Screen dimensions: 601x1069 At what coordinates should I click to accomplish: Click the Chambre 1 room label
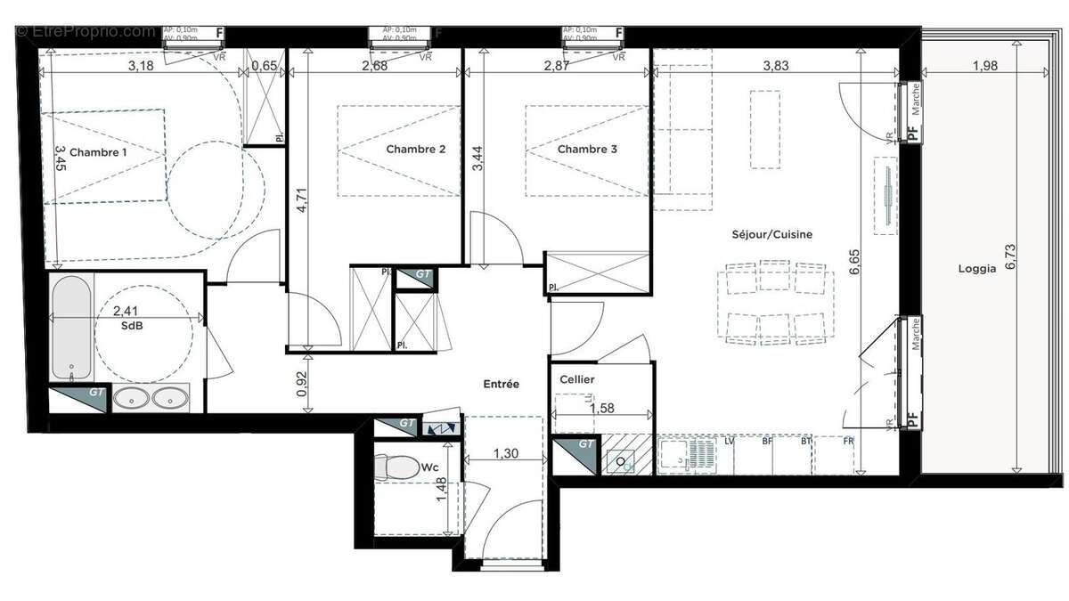pos(98,152)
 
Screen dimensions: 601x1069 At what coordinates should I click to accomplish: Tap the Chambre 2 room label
pos(415,150)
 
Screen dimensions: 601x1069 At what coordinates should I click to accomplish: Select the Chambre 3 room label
pos(587,150)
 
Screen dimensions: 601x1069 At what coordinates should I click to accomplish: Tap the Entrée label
pos(501,384)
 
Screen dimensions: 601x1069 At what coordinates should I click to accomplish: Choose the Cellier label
pos(576,379)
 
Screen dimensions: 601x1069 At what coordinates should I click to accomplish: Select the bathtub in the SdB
pos(71,328)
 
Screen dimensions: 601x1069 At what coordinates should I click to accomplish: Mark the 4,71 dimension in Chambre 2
pos(302,197)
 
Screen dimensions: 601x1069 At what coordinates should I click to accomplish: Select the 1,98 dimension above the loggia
pos(984,66)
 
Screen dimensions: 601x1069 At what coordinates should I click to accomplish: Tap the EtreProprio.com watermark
pos(85,31)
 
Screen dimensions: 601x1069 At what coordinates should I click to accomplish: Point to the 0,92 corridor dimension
pos(302,383)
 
